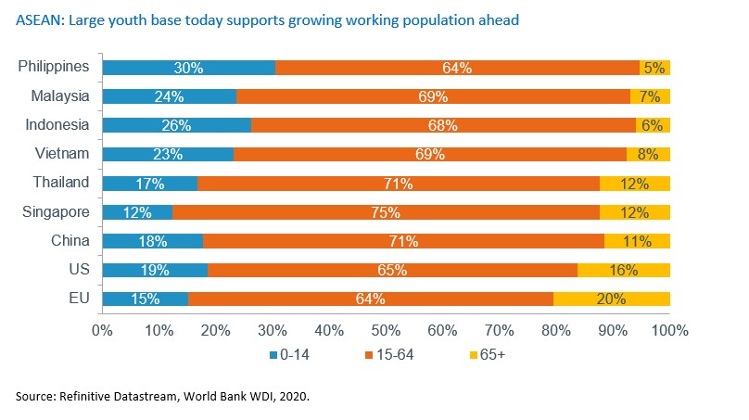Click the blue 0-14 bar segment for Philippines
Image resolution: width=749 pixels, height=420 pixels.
188,68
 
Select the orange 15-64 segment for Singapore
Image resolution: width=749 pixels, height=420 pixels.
386,212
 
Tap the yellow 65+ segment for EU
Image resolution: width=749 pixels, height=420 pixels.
612,299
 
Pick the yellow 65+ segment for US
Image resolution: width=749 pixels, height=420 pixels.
624,270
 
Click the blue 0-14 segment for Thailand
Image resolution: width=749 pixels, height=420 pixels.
149,184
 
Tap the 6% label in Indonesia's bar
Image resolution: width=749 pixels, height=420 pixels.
653,125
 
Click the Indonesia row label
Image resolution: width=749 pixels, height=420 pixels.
57,125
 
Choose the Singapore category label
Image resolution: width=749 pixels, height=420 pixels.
56,212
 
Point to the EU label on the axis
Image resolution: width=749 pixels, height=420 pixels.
78,299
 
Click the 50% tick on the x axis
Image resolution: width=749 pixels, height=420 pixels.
386,329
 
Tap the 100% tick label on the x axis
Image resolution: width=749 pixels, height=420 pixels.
668,329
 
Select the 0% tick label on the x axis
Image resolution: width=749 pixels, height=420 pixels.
101,329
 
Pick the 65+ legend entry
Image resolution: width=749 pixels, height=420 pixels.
485,354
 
